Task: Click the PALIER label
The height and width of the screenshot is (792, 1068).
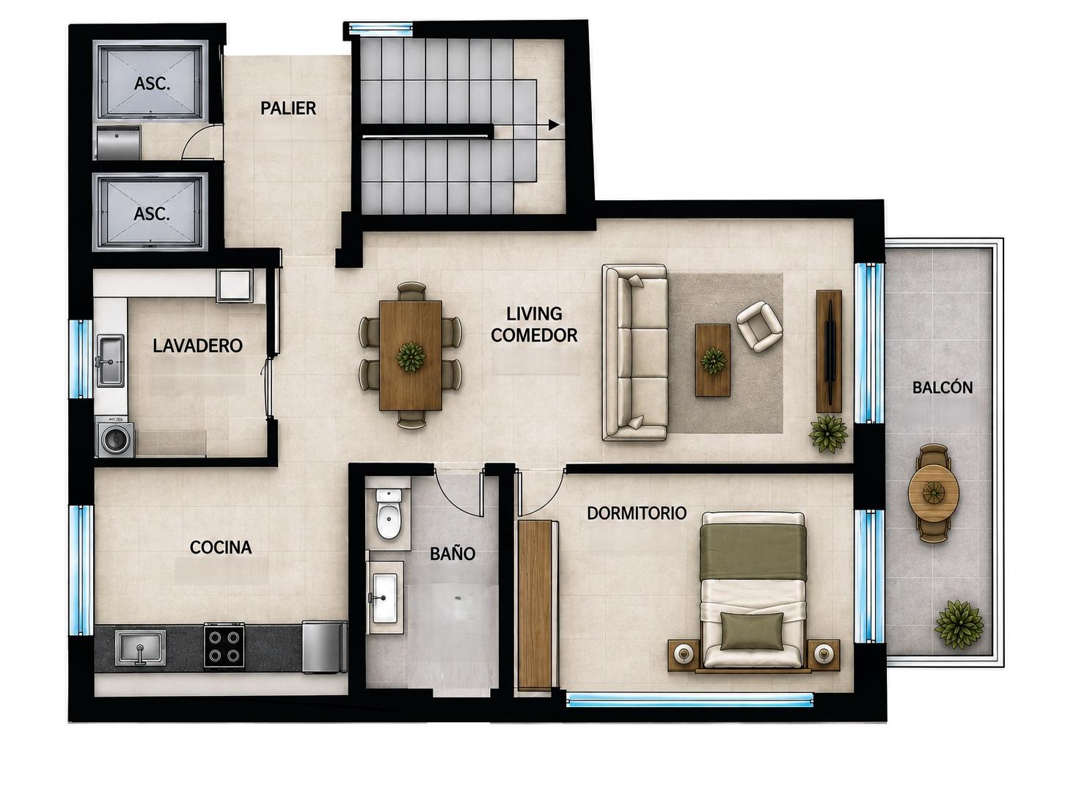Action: tap(288, 109)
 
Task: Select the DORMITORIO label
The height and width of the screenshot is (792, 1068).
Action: tap(637, 513)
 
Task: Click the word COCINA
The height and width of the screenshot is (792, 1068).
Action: tap(221, 547)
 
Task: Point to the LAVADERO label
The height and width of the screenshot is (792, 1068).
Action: tap(197, 345)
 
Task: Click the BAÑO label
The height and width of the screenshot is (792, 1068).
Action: tap(452, 554)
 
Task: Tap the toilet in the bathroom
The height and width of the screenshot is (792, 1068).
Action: tap(388, 514)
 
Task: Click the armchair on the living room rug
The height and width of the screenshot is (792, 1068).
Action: tap(759, 326)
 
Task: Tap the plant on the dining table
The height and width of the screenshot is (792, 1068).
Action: tap(411, 356)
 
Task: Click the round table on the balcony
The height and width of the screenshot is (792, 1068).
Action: tap(933, 493)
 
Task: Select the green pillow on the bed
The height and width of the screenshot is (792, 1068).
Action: tap(752, 631)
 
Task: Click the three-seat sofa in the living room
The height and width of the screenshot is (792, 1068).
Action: tap(635, 353)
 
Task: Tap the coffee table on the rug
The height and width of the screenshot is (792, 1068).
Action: tap(713, 360)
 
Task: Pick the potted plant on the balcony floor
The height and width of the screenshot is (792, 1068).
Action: tap(958, 625)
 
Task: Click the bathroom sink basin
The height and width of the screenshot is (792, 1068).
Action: tap(385, 598)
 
